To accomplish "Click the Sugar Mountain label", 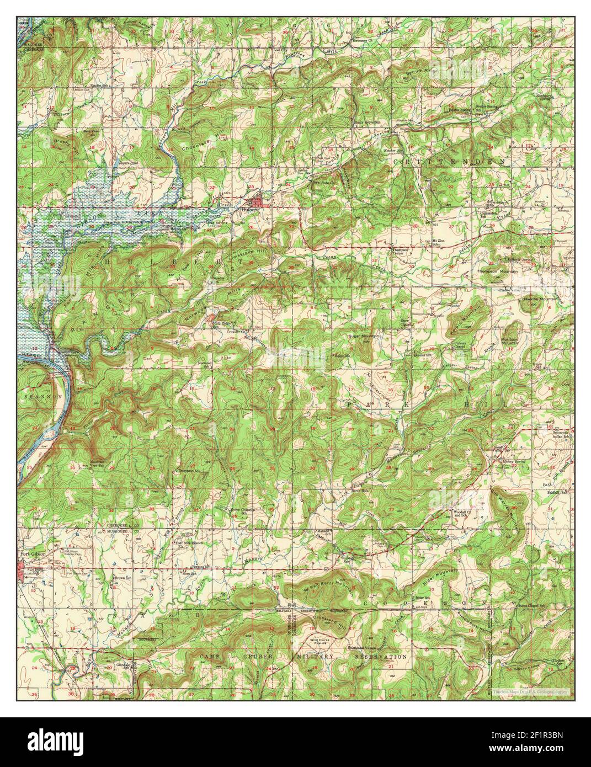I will click(361, 335).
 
